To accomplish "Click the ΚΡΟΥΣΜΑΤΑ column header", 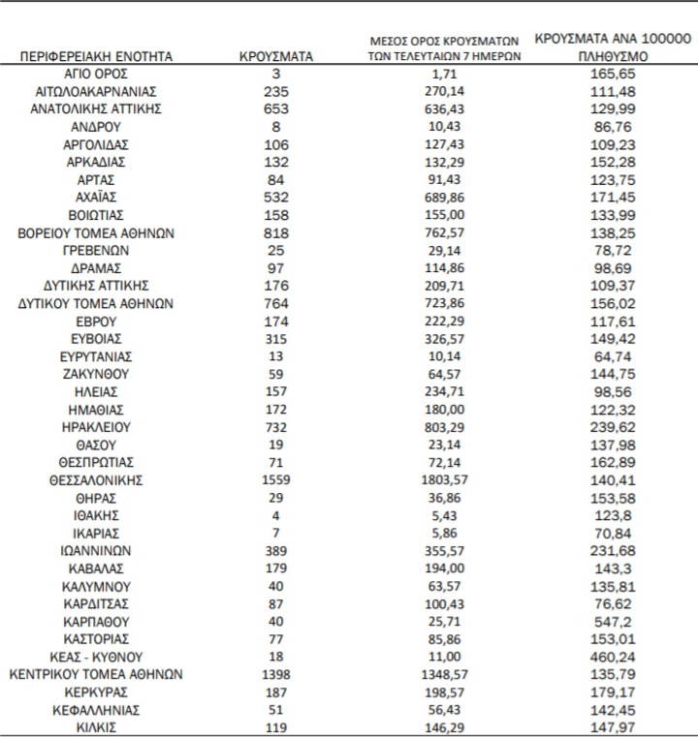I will [x=275, y=57].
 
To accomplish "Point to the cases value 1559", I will [x=275, y=478].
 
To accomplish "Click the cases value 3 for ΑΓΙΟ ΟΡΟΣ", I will [x=275, y=74].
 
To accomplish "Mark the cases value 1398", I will [x=275, y=673].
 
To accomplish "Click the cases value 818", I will [x=275, y=232].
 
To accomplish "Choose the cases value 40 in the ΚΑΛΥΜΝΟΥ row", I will [x=275, y=585].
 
